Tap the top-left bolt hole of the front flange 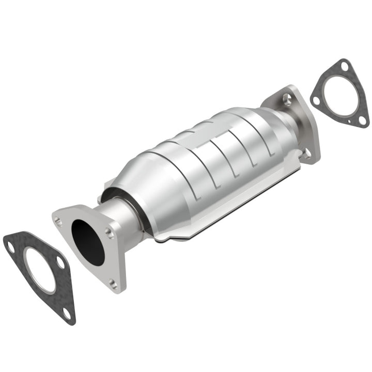(x=58, y=221)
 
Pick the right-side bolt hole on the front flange (x=110, y=233)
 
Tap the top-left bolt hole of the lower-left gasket (x=10, y=247)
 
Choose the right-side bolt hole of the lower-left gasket (x=61, y=263)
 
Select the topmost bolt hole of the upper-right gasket (x=345, y=65)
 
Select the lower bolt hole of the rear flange (x=307, y=152)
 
